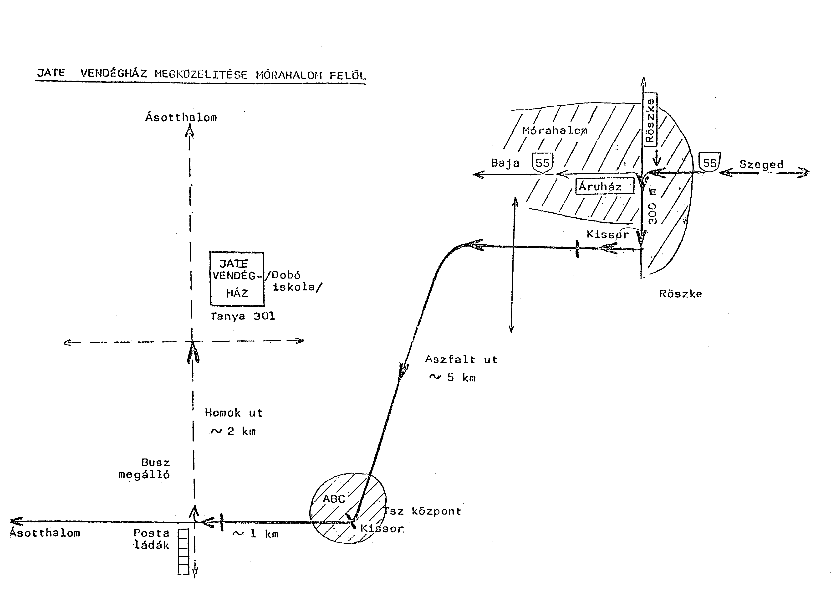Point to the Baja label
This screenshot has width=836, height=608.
click(x=505, y=163)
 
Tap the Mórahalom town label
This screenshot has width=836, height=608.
click(x=554, y=130)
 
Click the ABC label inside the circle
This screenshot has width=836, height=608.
click(x=334, y=499)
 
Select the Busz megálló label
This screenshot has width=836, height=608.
click(x=144, y=468)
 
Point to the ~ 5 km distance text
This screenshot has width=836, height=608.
click(x=453, y=378)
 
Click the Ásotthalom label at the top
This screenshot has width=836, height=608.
click(x=181, y=117)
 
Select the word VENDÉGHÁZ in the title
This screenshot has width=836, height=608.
click(x=113, y=73)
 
